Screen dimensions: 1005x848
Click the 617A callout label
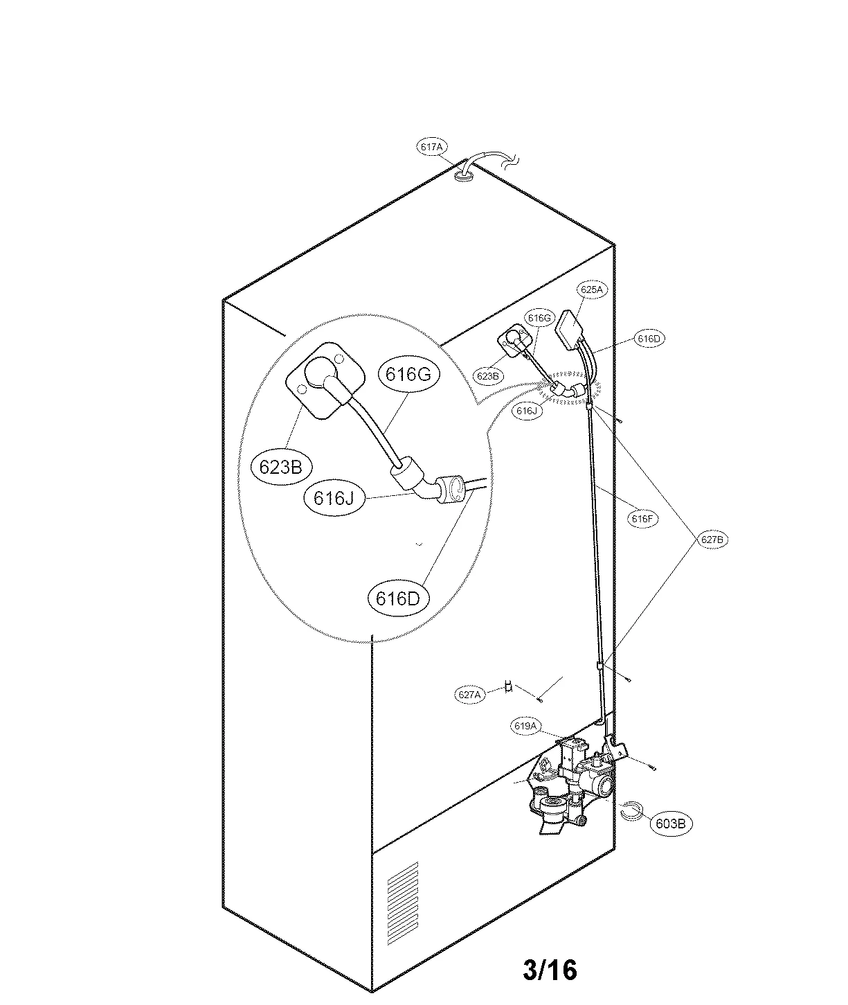point(431,147)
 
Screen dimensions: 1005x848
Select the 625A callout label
point(591,290)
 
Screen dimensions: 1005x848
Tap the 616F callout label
point(641,518)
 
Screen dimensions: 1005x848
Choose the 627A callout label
point(469,693)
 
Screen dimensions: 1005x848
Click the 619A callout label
point(525,726)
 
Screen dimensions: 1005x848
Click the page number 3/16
point(550,970)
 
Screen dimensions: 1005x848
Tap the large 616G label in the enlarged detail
point(408,374)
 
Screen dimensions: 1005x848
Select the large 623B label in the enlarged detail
point(280,467)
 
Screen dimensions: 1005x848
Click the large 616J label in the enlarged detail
point(334,498)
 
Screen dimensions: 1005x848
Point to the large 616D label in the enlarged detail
point(398,597)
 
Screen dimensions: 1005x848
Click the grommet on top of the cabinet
point(463,177)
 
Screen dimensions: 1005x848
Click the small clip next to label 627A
point(508,686)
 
